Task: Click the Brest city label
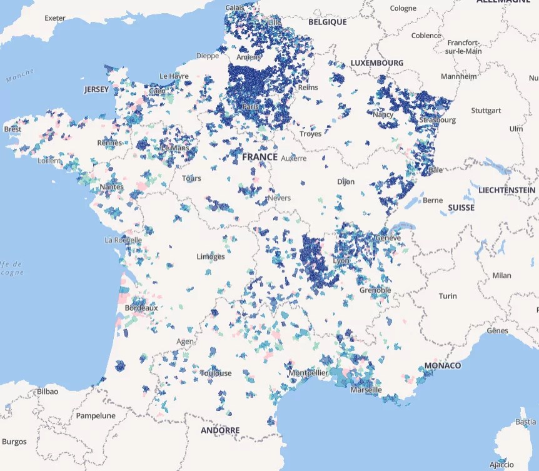click(x=13, y=129)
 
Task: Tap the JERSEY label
click(x=96, y=89)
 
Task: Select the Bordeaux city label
click(x=141, y=308)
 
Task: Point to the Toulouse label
click(x=216, y=373)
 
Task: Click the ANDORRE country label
click(x=220, y=430)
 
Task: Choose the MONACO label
click(x=442, y=365)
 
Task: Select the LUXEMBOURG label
click(x=376, y=63)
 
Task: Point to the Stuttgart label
click(x=486, y=110)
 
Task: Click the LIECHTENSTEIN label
click(x=506, y=190)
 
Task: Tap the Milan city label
click(x=501, y=275)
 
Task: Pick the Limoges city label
click(x=211, y=256)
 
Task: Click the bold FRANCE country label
click(x=259, y=157)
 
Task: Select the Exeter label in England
click(x=54, y=18)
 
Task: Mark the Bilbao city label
click(x=48, y=392)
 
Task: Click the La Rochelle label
click(x=123, y=240)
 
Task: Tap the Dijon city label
click(x=346, y=181)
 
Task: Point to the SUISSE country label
click(x=461, y=207)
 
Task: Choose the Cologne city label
click(x=403, y=8)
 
